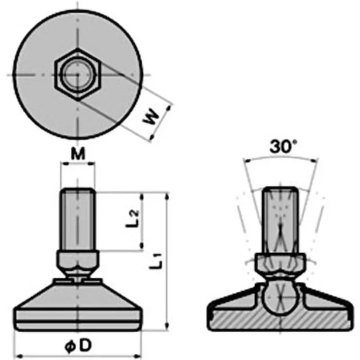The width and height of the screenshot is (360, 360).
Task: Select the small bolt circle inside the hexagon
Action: (78, 74)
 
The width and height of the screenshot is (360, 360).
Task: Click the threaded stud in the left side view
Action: (78, 220)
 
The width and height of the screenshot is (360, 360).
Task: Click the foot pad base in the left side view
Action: (78, 310)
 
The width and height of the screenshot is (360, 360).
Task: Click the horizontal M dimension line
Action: (79, 165)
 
